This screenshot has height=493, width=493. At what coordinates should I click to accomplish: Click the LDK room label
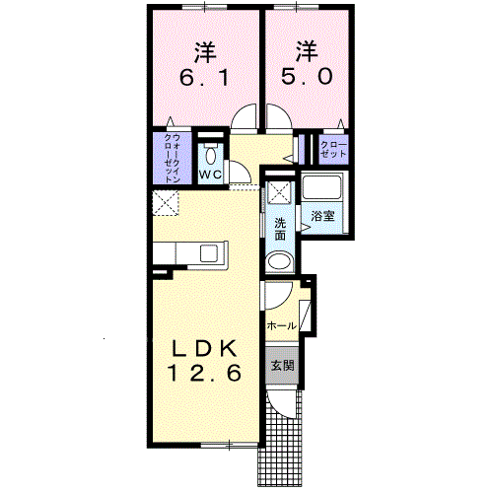pyautogui.click(x=206, y=350)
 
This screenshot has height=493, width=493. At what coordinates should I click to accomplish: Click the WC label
pyautogui.click(x=209, y=176)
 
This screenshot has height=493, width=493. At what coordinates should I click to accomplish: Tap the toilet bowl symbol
pyautogui.click(x=209, y=155)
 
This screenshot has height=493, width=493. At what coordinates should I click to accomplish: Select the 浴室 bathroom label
pyautogui.click(x=322, y=215)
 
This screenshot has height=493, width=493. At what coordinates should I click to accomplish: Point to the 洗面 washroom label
pyautogui.click(x=280, y=228)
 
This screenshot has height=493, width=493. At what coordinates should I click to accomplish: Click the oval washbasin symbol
pyautogui.click(x=280, y=261)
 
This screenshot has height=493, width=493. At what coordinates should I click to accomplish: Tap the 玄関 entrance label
pyautogui.click(x=281, y=366)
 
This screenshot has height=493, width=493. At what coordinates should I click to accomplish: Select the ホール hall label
pyautogui.click(x=281, y=324)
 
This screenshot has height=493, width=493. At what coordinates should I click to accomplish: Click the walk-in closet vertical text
pyautogui.click(x=171, y=159)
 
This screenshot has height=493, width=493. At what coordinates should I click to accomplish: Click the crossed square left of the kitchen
pyautogui.click(x=164, y=204)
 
